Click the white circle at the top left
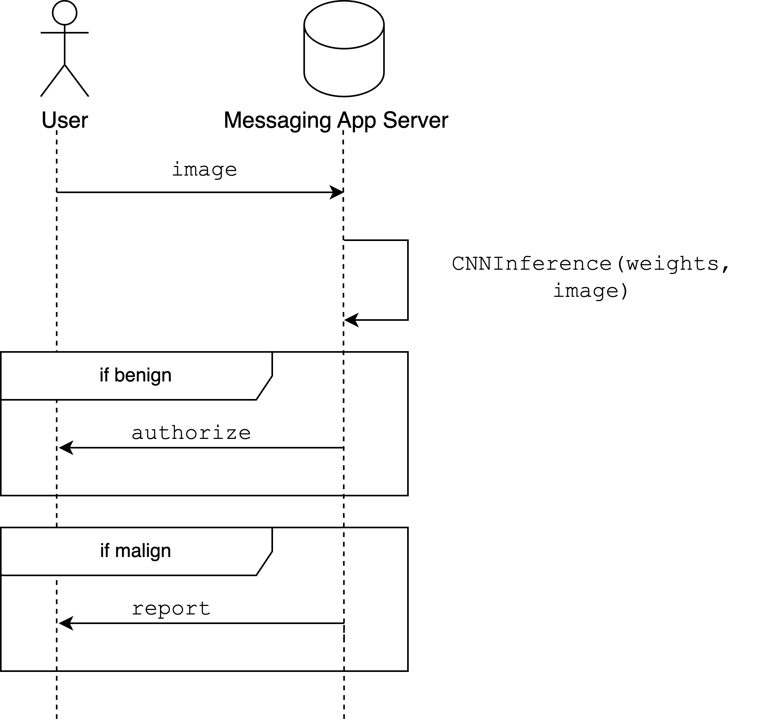(x=65, y=13)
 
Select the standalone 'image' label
(x=204, y=169)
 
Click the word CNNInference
(x=532, y=265)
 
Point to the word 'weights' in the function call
(x=673, y=265)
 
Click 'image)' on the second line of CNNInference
(x=592, y=292)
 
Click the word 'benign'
(x=143, y=375)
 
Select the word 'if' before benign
(x=104, y=375)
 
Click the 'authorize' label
(x=191, y=433)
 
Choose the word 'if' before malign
(x=104, y=551)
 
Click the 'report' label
(x=171, y=608)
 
